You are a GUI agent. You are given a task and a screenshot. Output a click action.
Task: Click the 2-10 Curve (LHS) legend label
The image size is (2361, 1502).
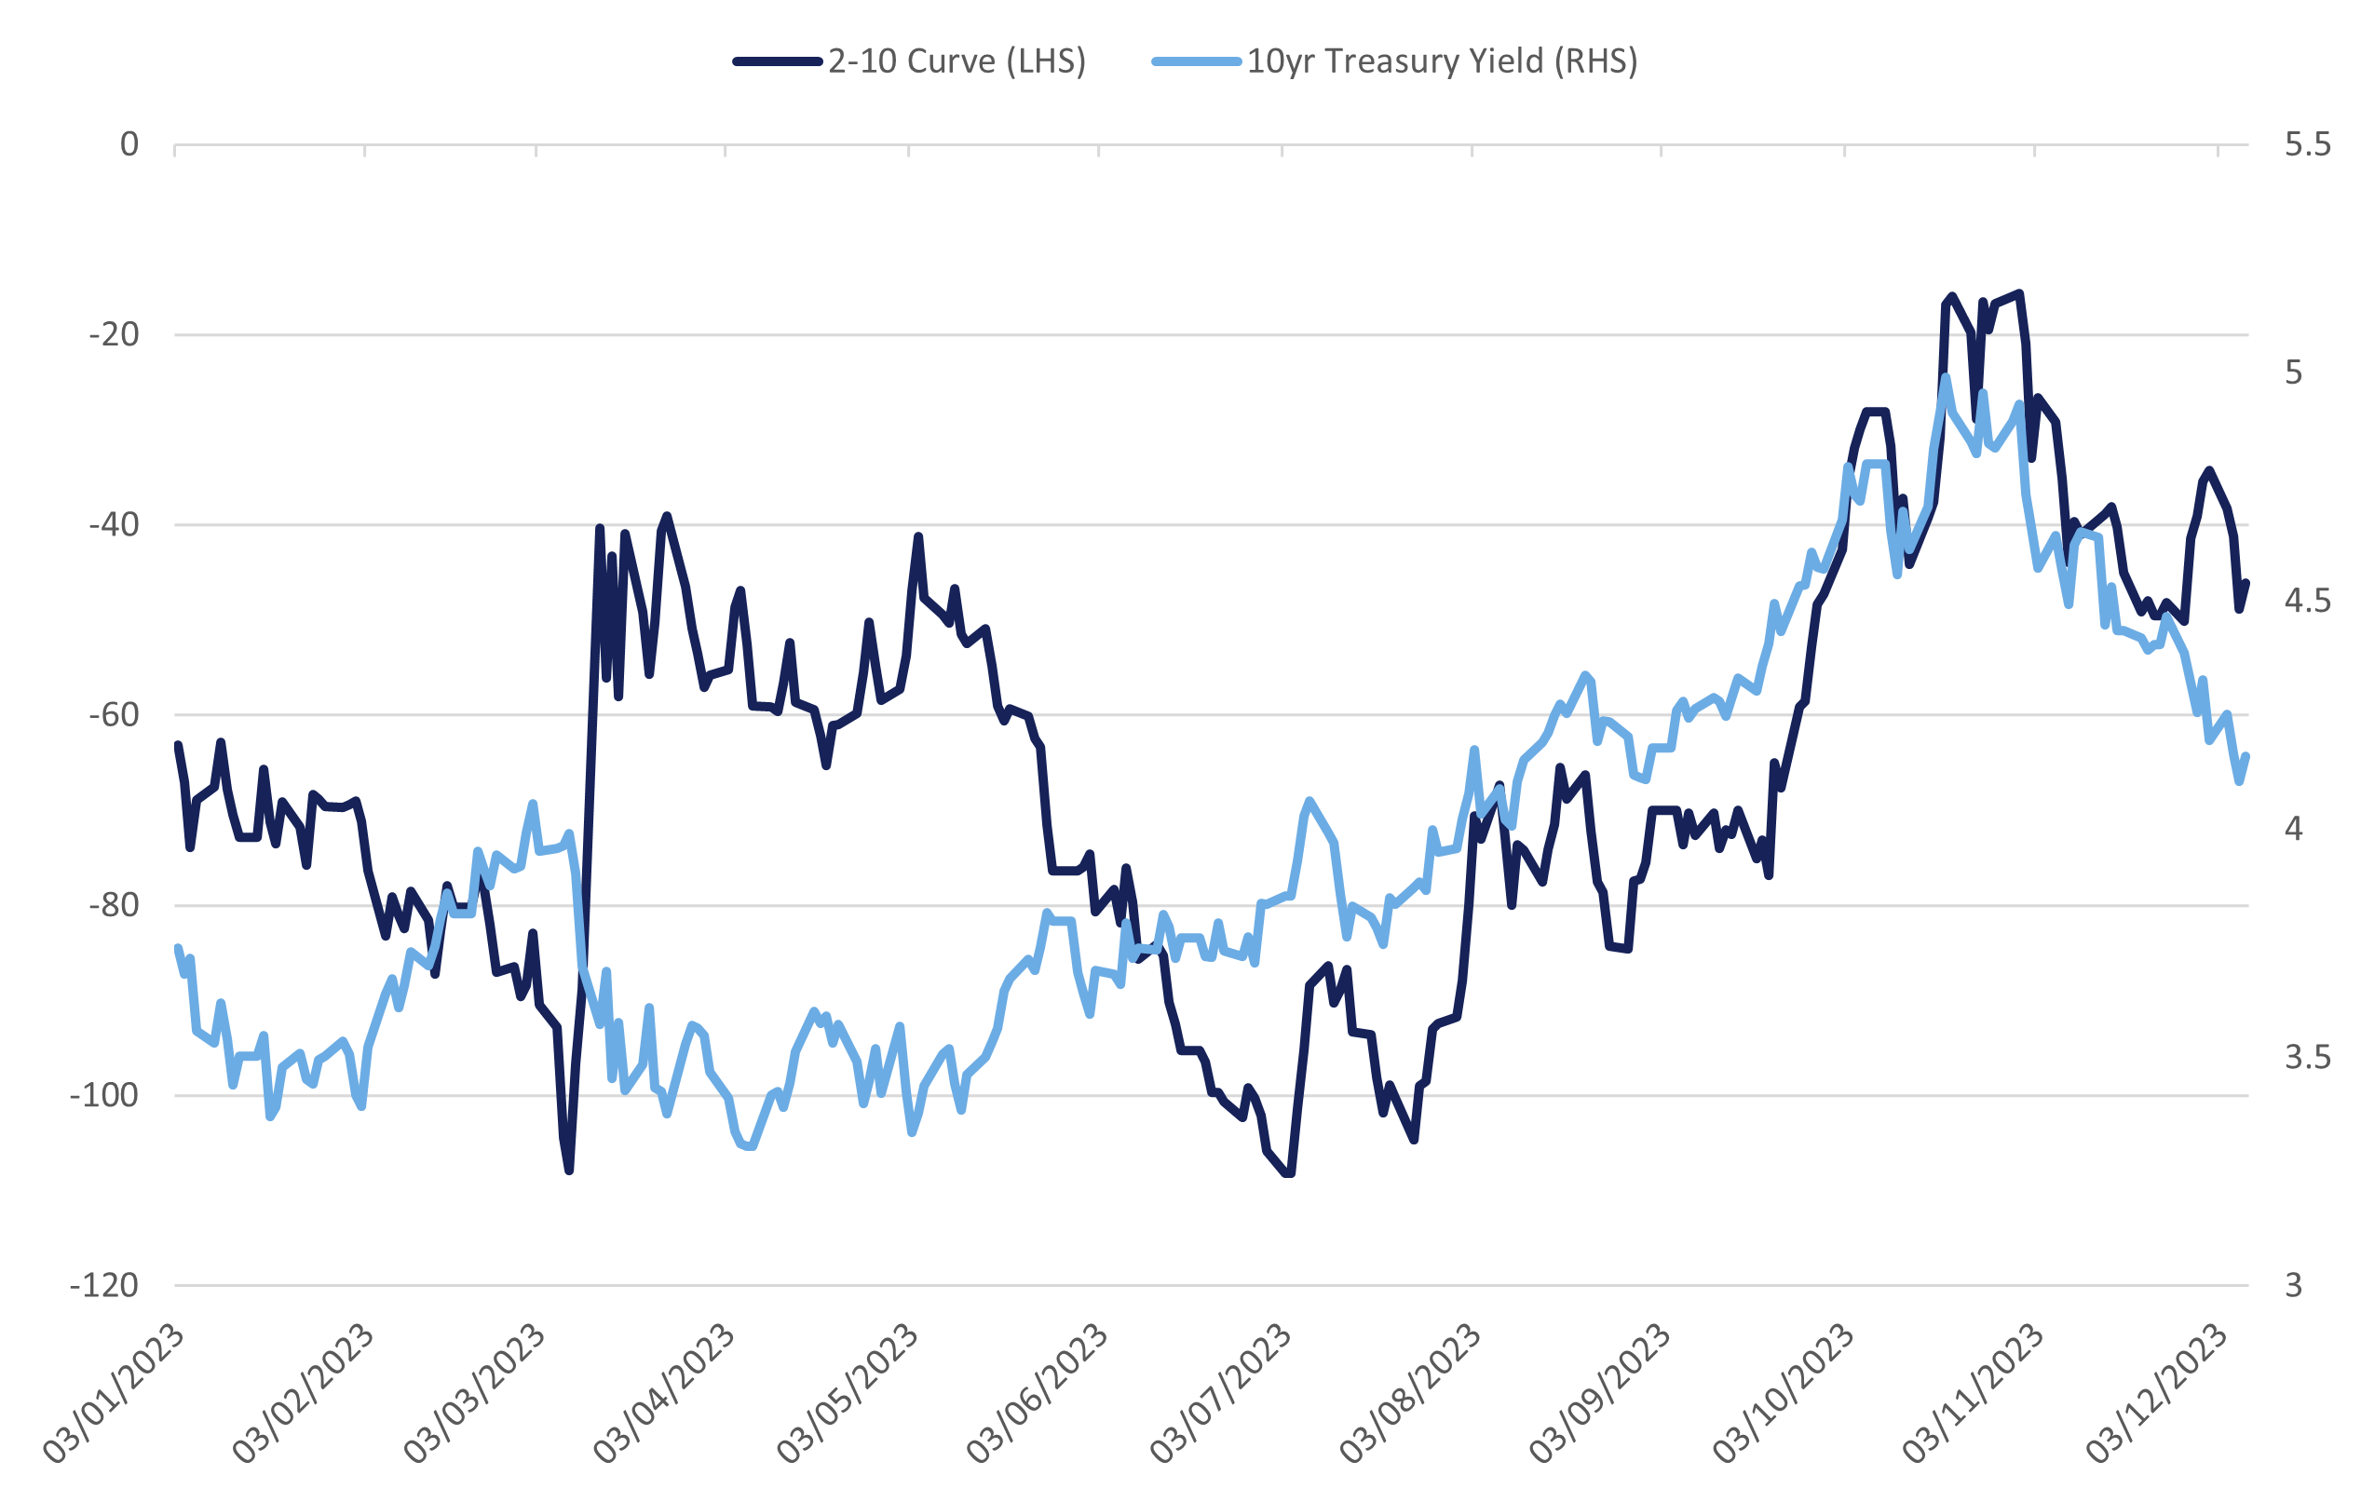click(956, 61)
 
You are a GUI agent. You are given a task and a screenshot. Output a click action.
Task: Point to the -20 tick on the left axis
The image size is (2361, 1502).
click(114, 335)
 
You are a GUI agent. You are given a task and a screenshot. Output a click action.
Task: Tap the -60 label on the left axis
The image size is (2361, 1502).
click(114, 715)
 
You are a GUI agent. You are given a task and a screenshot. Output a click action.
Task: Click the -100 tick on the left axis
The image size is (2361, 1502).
click(104, 1095)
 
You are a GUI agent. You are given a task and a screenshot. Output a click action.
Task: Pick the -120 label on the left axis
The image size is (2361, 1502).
click(104, 1285)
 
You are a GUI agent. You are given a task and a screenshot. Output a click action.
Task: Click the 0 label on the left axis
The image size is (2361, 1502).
click(129, 145)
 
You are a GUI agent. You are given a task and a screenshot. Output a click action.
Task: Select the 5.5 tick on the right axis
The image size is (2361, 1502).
click(2307, 145)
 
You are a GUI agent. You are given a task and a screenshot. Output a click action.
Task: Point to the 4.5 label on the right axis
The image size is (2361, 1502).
click(2307, 601)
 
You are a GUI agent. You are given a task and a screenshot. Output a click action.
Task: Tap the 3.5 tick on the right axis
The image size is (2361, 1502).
click(2307, 1057)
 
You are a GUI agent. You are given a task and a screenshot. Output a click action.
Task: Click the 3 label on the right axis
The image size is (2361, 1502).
click(2293, 1285)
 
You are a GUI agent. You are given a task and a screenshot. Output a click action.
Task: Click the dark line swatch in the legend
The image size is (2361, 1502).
click(778, 61)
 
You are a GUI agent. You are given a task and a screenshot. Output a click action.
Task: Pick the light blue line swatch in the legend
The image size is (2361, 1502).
click(1196, 61)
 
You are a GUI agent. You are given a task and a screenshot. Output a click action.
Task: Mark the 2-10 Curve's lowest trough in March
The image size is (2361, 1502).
click(569, 1170)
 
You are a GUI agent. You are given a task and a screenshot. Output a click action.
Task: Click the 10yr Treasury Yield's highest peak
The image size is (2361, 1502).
click(1947, 377)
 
